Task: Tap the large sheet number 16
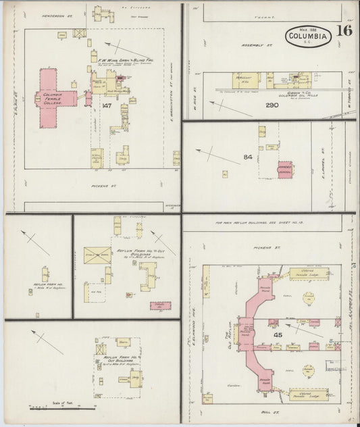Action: tap(345, 30)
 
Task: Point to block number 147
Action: tap(106, 107)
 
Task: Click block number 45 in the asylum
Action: tap(277, 334)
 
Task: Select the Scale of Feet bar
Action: tap(61, 408)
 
